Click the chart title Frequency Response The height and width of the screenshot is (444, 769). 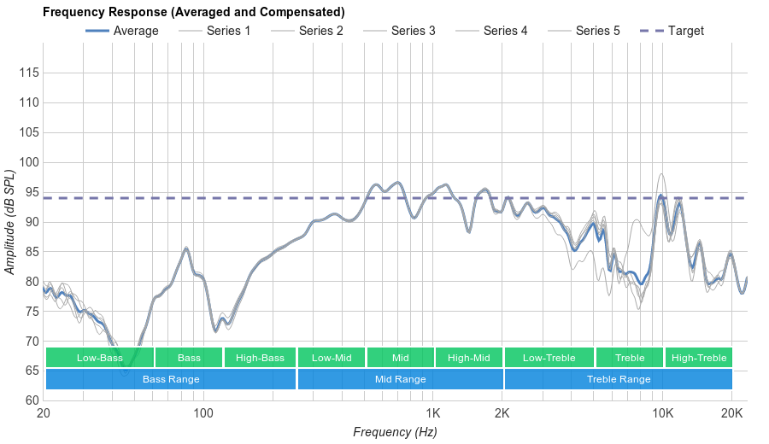193,12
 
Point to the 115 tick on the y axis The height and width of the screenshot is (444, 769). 30,73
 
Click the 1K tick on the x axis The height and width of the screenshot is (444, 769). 432,414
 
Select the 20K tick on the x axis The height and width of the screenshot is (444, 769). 732,414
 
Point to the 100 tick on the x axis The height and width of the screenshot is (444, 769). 203,414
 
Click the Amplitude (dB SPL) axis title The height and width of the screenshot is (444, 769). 11,222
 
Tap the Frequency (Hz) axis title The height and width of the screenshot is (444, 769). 395,432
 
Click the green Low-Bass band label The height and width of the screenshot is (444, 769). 99,358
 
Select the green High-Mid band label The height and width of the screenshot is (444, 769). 469,358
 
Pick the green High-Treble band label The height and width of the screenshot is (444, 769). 699,358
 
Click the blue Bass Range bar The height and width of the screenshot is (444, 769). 171,379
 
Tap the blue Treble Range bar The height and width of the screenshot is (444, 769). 619,379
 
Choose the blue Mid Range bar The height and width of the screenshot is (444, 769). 400,379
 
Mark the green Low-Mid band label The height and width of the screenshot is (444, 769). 332,358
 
